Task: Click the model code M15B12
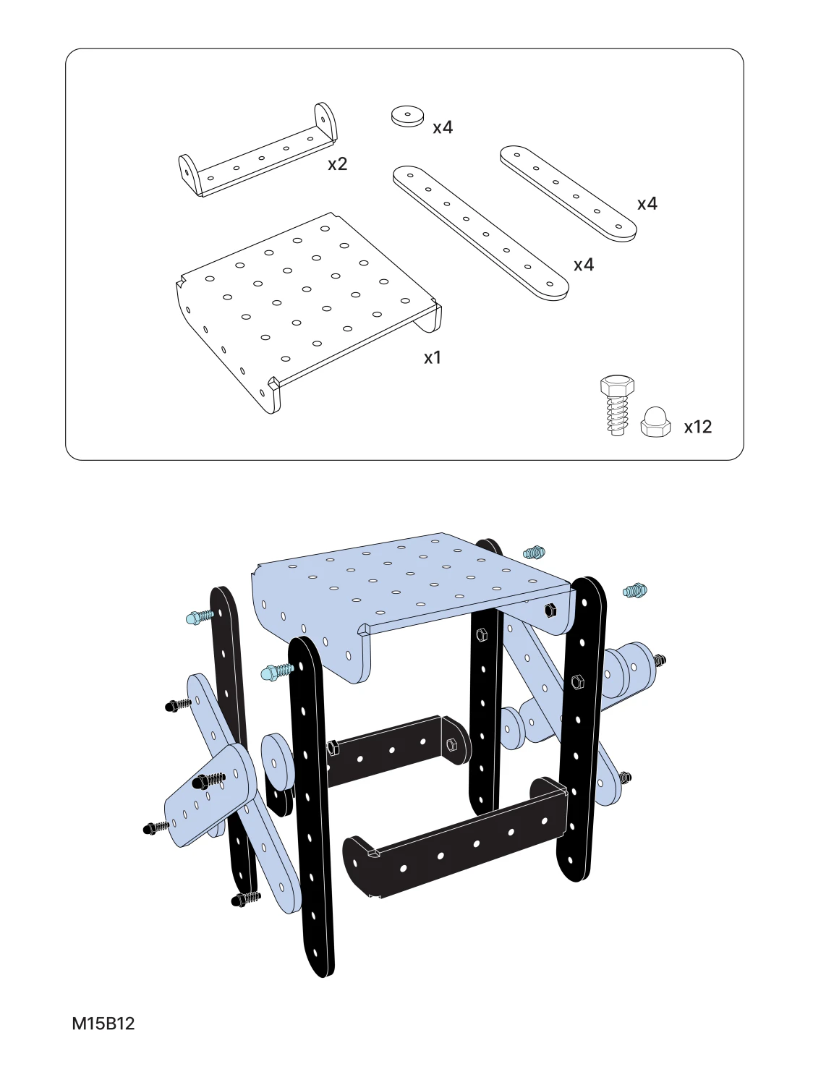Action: pos(103,1024)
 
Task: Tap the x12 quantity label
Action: pos(698,427)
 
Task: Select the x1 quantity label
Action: pos(433,358)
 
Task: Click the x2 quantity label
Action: pos(338,164)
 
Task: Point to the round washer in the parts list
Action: pos(407,116)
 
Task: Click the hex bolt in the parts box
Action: pos(617,405)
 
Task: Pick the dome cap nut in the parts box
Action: pos(655,422)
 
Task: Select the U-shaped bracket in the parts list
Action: pos(257,150)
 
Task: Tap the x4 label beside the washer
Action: pos(443,127)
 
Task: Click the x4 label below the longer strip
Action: pos(584,265)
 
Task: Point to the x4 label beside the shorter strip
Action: pos(647,204)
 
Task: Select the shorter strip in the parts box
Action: pos(569,193)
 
